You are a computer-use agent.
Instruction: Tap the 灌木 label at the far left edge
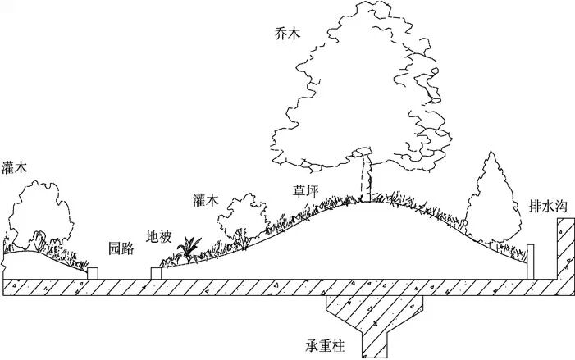(x=14, y=166)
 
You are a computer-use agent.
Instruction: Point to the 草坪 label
(x=307, y=191)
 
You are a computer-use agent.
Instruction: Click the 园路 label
(x=121, y=248)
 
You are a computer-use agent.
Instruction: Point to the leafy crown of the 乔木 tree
(x=361, y=82)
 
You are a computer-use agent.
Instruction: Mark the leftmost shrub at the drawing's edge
(x=41, y=217)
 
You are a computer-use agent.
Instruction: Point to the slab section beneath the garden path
(x=123, y=287)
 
